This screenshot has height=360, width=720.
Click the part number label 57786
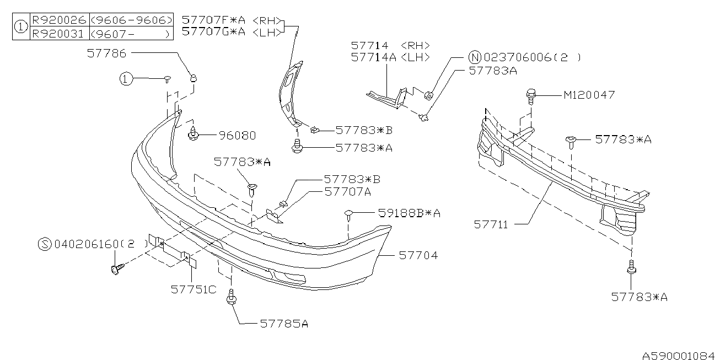click(x=106, y=53)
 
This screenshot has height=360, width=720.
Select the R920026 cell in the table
click(x=58, y=20)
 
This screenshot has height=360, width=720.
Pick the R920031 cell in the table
click(x=58, y=33)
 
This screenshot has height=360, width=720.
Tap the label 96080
click(x=237, y=135)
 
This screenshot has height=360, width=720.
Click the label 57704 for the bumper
click(x=418, y=256)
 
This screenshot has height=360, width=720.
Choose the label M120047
click(x=589, y=95)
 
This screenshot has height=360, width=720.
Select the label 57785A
click(x=283, y=324)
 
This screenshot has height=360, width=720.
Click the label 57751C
click(x=193, y=288)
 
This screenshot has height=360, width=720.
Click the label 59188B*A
click(x=409, y=212)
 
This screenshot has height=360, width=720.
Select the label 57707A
click(x=347, y=192)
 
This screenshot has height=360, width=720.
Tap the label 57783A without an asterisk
click(x=492, y=71)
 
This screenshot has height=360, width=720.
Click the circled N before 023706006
click(x=474, y=57)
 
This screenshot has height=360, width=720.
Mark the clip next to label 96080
click(x=194, y=134)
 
